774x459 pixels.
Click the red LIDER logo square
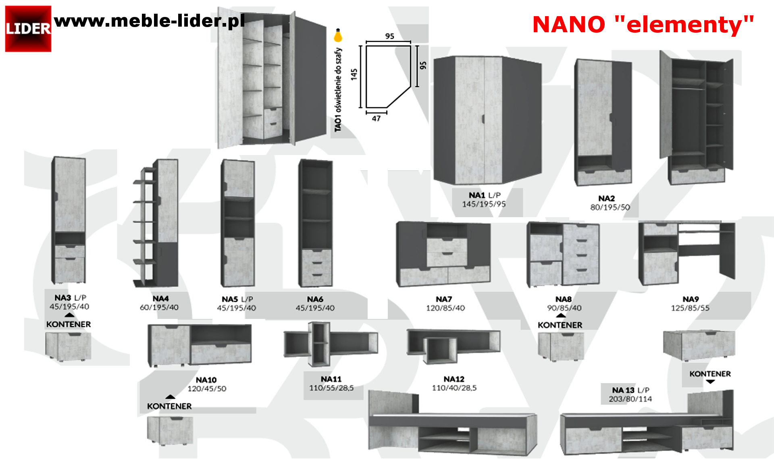tap(28, 29)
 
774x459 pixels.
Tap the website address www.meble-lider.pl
tap(149, 21)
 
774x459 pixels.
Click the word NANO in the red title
tap(568, 25)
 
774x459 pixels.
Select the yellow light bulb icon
tap(338, 36)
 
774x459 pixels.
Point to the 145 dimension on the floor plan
tap(354, 74)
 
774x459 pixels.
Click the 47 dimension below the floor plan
tap(376, 118)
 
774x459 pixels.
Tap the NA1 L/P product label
tap(484, 195)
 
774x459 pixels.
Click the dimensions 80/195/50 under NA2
tap(610, 207)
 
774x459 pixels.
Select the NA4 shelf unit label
tap(160, 298)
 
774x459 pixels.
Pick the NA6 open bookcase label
tap(315, 299)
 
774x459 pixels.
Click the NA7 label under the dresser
tap(443, 299)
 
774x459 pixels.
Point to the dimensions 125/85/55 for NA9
tap(690, 308)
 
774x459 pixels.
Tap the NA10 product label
tap(206, 380)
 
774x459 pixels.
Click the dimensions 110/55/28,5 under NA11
tap(331, 388)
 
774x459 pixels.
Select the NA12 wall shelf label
tap(454, 379)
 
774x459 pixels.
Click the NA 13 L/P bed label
tap(630, 390)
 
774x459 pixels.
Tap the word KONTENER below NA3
tap(69, 324)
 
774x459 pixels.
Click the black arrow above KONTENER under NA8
tap(560, 316)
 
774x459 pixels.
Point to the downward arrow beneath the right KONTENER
tap(710, 381)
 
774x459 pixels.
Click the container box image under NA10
tap(170, 430)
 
